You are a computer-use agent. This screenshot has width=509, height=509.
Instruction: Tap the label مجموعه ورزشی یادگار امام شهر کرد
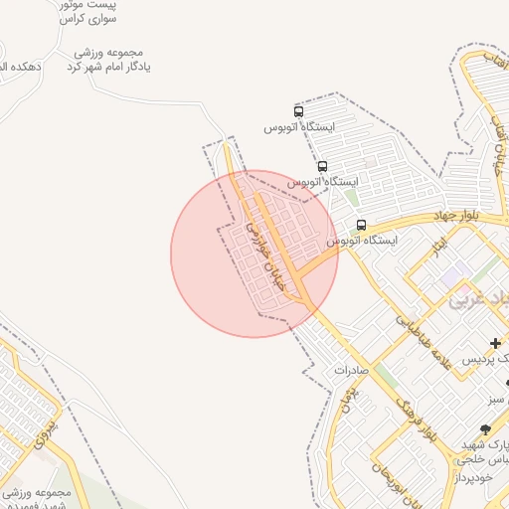(110, 60)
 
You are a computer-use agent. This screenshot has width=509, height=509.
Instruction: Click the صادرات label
(351, 369)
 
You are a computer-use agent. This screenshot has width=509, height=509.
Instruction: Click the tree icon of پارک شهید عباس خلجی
(485, 429)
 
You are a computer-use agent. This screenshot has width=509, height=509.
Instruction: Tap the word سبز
(496, 399)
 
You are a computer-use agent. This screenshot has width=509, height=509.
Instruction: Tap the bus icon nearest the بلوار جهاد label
(361, 225)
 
